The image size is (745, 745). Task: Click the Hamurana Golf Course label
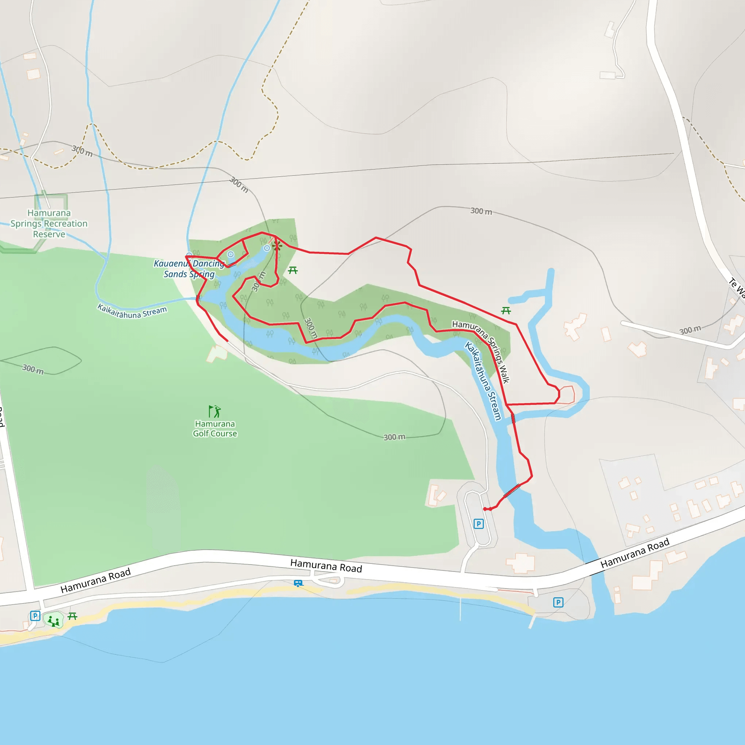pyautogui.click(x=215, y=429)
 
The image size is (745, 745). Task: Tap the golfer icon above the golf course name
pyautogui.click(x=214, y=411)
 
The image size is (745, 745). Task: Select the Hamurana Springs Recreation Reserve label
pyautogui.click(x=49, y=223)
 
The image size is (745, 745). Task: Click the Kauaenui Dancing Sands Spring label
pyautogui.click(x=189, y=269)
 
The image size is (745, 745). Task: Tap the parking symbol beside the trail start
pyautogui.click(x=479, y=524)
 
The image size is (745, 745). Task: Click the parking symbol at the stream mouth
pyautogui.click(x=558, y=602)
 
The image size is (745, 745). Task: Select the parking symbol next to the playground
pyautogui.click(x=35, y=616)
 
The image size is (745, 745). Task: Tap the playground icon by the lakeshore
pyautogui.click(x=54, y=621)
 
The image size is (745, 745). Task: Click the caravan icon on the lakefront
pyautogui.click(x=298, y=583)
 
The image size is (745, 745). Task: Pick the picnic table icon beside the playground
pyautogui.click(x=72, y=616)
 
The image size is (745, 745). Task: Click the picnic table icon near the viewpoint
pyautogui.click(x=293, y=270)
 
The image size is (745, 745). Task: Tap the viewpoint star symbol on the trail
pyautogui.click(x=276, y=246)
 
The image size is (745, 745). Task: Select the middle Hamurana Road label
pyautogui.click(x=326, y=566)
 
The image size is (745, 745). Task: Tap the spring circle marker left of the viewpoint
pyautogui.click(x=267, y=248)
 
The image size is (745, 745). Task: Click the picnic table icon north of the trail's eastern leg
pyautogui.click(x=506, y=310)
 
